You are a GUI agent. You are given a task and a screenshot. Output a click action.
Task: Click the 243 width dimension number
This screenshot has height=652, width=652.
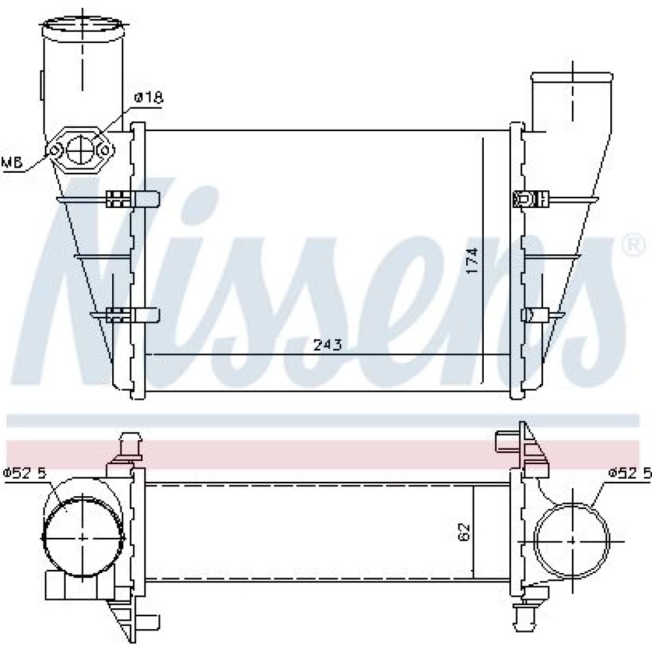[x=327, y=345]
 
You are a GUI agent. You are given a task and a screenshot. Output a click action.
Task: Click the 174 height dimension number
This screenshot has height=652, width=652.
[x=472, y=261]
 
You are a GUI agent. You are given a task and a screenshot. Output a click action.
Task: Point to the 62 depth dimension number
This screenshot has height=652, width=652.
[x=464, y=532]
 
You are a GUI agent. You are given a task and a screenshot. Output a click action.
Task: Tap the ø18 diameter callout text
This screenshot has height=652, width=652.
[x=149, y=98]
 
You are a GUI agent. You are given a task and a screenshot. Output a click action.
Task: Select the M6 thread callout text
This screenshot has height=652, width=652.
[x=11, y=162]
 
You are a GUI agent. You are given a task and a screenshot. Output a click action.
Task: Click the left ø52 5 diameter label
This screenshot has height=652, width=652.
[x=25, y=473]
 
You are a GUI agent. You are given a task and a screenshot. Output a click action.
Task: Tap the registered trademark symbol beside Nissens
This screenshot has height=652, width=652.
[x=633, y=245]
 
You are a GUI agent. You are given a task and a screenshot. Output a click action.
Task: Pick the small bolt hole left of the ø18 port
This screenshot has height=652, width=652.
[x=55, y=150]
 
